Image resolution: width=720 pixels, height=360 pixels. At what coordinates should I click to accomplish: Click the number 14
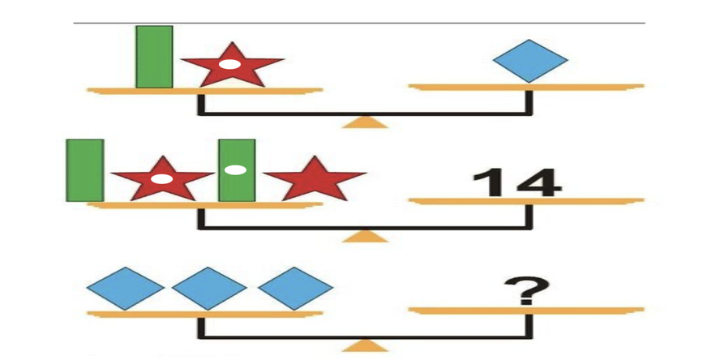coord(516,183)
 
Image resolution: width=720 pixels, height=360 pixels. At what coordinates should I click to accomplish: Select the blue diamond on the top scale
coord(530,61)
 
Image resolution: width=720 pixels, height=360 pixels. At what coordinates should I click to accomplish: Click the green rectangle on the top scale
coord(154,56)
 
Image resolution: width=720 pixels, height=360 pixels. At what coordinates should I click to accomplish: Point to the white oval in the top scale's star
coord(230,64)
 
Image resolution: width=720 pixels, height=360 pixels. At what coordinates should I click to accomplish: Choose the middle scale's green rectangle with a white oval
coord(237,169)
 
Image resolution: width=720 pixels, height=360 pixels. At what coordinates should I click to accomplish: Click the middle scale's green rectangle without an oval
coord(84,169)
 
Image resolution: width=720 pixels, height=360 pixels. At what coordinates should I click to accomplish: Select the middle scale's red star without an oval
coord(315,181)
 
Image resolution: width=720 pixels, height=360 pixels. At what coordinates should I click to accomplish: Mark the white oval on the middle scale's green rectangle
coord(236,170)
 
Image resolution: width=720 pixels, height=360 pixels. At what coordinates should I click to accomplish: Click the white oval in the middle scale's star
coord(162,179)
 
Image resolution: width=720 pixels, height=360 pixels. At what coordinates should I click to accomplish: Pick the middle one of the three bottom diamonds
coord(208,289)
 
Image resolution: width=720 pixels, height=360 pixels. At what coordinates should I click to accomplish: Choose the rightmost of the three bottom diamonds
coord(294,289)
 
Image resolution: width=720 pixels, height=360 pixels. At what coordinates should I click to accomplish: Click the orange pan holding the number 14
coord(527,200)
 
